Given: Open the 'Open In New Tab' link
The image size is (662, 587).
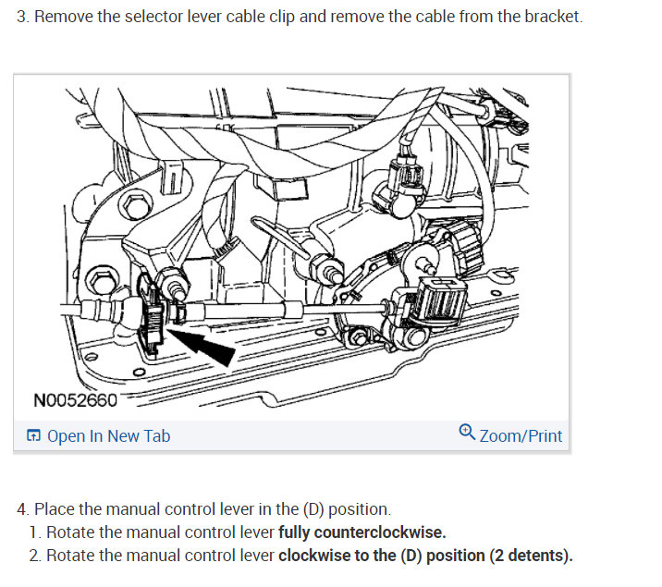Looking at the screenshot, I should pyautogui.click(x=108, y=435).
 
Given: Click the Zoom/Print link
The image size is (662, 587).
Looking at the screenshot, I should pyautogui.click(x=521, y=435).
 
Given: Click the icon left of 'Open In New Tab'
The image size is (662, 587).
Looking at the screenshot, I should pyautogui.click(x=33, y=436).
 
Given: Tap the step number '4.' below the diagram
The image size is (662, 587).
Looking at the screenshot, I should pyautogui.click(x=23, y=509).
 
